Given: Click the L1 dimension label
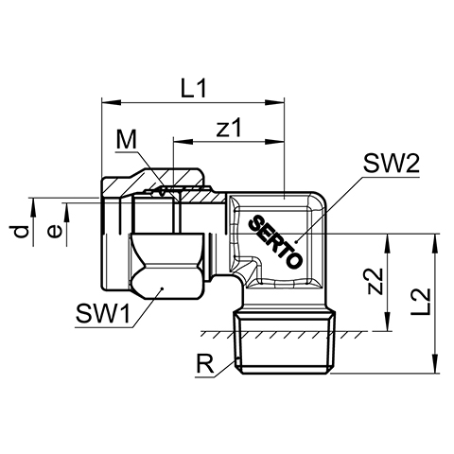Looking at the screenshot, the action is pos(194,88).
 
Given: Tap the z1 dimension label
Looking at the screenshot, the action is pos(229,128).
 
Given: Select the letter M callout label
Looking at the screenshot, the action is pos(127,140).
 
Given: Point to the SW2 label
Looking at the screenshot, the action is pos(392,164).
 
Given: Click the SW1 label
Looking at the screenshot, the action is pos(103,314).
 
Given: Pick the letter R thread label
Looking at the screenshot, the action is pos(205,363).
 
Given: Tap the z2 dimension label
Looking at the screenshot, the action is pos(376,282).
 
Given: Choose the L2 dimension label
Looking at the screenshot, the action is pos(421,302).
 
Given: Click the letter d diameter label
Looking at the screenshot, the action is pos(22,232).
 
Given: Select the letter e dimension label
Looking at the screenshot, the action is pos(55,232).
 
